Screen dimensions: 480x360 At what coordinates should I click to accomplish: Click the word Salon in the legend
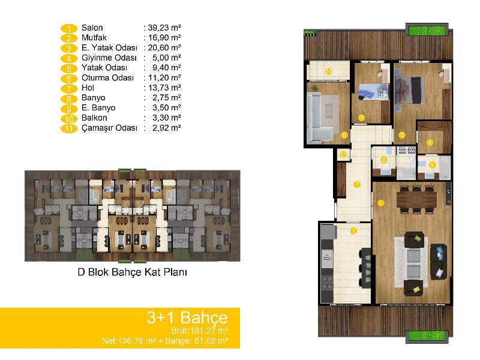click(92, 28)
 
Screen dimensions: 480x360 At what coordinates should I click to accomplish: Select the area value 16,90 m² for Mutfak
click(164, 38)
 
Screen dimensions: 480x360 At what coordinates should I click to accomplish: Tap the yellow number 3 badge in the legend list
click(69, 49)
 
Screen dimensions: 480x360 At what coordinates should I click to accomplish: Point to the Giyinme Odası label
click(109, 58)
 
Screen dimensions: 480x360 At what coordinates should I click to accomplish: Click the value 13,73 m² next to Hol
click(164, 88)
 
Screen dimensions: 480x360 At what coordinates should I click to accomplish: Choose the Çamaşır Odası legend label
click(109, 128)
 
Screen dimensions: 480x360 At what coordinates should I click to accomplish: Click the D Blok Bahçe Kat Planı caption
click(132, 272)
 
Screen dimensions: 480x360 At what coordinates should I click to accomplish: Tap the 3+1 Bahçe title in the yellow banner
click(187, 317)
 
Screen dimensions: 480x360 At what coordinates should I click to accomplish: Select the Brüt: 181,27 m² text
click(200, 331)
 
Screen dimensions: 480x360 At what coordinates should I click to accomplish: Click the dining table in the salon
click(416, 199)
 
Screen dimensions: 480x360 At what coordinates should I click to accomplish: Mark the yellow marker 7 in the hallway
click(357, 184)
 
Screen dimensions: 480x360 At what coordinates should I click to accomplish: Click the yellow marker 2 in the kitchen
click(353, 231)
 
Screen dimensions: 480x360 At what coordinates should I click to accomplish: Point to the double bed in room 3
click(409, 91)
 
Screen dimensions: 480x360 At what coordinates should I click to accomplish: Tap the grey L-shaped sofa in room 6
click(319, 118)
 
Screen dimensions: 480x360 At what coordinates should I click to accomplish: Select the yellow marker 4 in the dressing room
click(430, 142)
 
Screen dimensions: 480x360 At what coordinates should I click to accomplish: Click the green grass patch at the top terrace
click(427, 31)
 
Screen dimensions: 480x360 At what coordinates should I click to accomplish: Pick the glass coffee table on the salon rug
click(414, 263)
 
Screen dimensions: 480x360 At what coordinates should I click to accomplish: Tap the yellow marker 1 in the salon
click(380, 203)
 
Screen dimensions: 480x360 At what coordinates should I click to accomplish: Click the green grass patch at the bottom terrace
click(427, 335)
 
